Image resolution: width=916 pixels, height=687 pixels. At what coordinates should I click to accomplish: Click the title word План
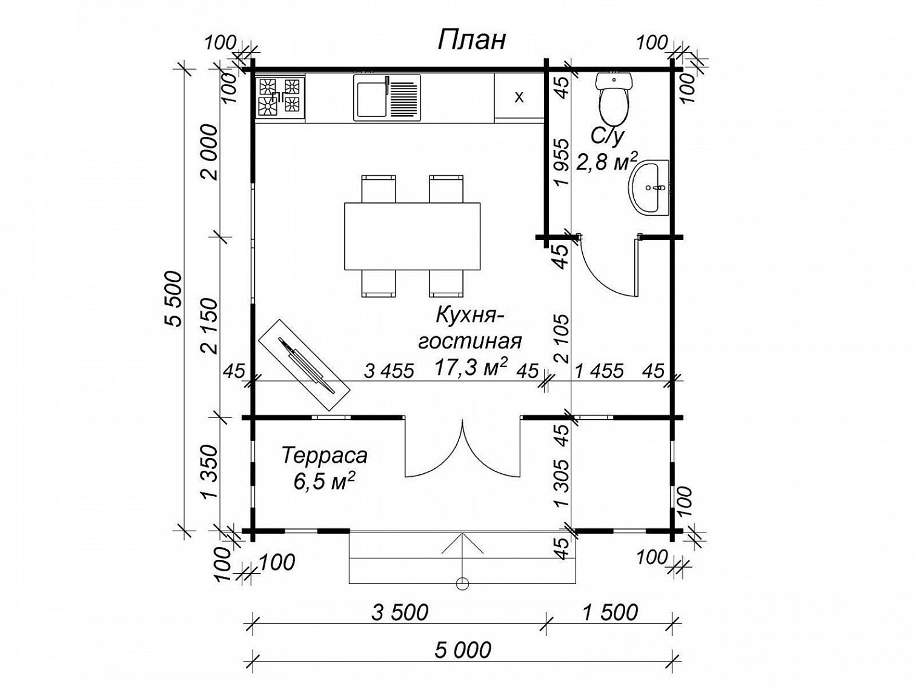471,41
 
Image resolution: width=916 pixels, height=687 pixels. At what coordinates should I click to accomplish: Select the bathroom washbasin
650,188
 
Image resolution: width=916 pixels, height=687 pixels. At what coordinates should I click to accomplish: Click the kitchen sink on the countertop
387,98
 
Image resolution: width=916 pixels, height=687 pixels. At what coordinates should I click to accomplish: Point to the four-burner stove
280,97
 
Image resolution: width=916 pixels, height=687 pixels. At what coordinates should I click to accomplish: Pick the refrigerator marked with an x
519,98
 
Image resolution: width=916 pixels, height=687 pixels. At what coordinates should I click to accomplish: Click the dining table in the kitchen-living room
412,236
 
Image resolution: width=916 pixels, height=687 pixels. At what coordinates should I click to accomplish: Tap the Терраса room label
324,456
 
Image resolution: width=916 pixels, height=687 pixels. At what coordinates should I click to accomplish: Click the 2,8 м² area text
607,162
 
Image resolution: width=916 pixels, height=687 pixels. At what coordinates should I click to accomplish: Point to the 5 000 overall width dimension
463,650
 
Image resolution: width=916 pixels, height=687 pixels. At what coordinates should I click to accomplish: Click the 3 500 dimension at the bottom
400,612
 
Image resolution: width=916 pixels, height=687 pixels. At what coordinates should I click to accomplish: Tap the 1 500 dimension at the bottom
610,612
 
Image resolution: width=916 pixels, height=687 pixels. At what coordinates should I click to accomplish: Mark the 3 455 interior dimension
389,371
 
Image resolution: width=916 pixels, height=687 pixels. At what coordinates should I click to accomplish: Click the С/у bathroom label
607,136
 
